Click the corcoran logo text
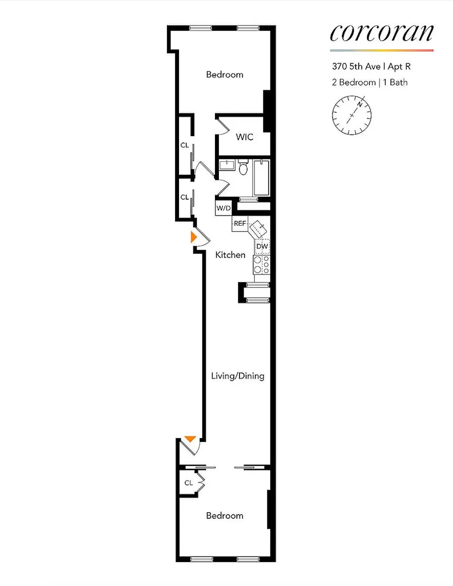point(381,33)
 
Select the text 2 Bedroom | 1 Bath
point(369,82)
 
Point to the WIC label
point(245,137)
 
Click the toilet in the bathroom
point(243,168)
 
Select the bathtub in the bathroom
point(261,178)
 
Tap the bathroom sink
point(226,165)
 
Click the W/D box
point(223,208)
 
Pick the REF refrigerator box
point(240,224)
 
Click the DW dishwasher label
point(262,246)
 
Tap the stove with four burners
point(261,265)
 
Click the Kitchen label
point(230,255)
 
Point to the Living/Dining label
point(238,376)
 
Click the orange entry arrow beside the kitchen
point(194,237)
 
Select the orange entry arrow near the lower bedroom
point(190,439)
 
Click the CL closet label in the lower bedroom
point(189,483)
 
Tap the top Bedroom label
point(225,75)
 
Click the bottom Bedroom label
point(225,516)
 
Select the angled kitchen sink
point(258,229)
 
